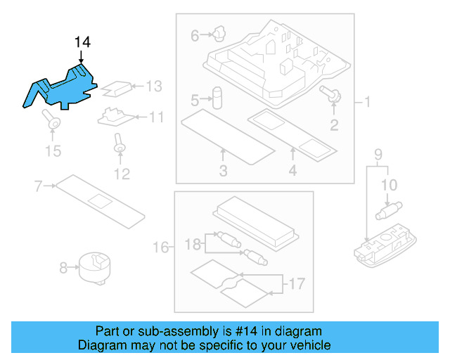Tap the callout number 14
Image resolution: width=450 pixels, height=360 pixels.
pos(82,43)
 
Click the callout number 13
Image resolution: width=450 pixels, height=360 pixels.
pos(153,86)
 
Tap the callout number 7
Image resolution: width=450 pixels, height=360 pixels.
pos(39,186)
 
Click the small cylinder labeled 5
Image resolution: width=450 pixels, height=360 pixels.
pos(218,97)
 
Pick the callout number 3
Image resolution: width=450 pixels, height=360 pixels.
pos(223,170)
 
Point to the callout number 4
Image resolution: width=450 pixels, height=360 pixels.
pos(292,170)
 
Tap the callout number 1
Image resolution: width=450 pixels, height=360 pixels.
pos(366,103)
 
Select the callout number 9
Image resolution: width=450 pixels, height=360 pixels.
pos(378,154)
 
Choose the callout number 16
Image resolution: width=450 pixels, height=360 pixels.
pos(161,247)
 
